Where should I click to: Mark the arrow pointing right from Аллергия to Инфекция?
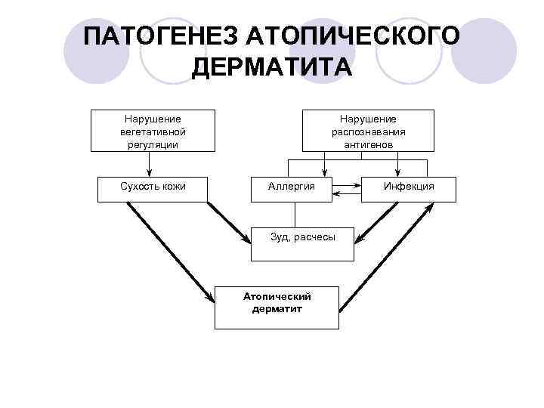click(x=348, y=184)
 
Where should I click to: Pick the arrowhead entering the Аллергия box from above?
click(x=324, y=172)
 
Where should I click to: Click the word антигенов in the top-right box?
click(x=368, y=144)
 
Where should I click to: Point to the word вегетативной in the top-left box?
click(x=153, y=131)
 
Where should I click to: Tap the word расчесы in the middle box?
click(x=317, y=237)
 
